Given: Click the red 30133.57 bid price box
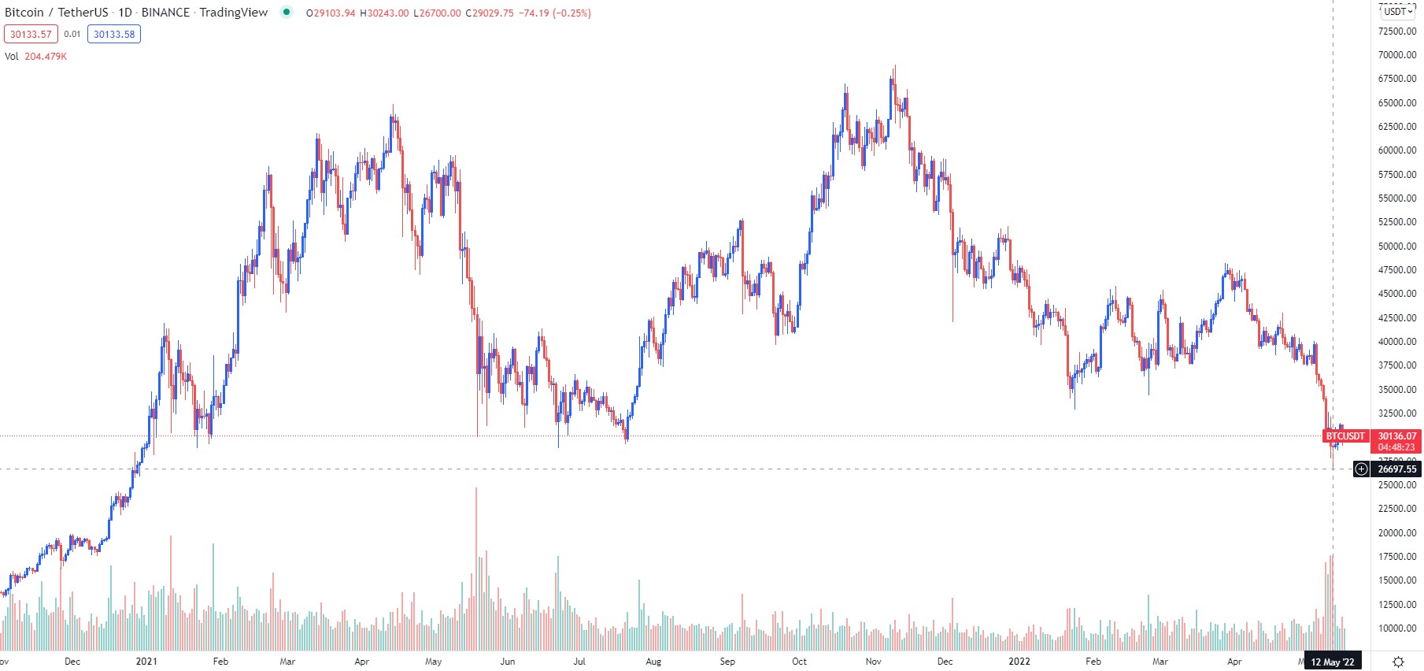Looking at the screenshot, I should coord(31,34).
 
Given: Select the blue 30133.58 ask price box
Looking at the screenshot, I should coord(114,34).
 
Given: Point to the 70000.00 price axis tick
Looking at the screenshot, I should coord(1396,55).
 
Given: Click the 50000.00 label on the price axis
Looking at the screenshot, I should coord(1396,246).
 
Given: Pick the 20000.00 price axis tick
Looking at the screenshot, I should coord(1396,533).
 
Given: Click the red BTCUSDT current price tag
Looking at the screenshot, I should coord(1345,436).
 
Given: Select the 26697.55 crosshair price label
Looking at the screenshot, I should coord(1396,469).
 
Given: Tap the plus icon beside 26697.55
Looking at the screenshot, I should coord(1361,469).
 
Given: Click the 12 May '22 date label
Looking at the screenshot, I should coord(1332,662).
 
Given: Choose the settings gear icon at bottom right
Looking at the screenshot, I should coord(1398,662).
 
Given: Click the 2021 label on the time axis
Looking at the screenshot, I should coord(146,662).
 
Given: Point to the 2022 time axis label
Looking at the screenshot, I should coord(1019,662).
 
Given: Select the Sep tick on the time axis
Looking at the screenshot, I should coord(727,662).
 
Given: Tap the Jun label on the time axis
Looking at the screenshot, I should coord(508,662).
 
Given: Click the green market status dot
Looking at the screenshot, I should coord(287,12).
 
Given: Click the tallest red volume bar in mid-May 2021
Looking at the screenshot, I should coord(476,567).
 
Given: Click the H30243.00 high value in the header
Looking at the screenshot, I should coord(384,13).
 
